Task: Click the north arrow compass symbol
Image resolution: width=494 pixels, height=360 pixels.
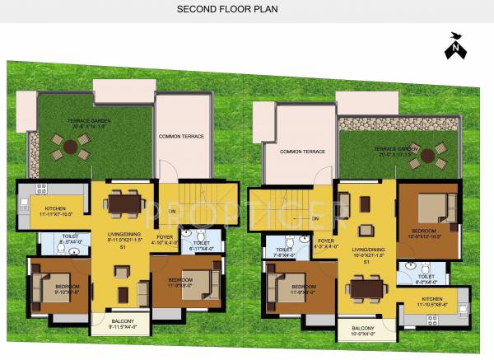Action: tap(454, 45)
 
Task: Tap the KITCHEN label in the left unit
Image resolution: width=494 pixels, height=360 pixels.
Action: tap(55, 208)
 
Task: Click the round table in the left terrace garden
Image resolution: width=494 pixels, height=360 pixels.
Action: tap(72, 147)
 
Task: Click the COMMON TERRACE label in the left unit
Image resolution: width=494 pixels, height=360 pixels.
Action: tap(181, 136)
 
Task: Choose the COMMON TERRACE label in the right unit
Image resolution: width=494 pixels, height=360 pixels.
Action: tap(302, 152)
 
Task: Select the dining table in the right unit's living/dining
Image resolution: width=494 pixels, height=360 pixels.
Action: tap(366, 289)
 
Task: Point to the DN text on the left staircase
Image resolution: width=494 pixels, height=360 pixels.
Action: tap(172, 210)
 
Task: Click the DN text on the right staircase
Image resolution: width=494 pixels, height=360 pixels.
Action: tap(315, 217)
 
